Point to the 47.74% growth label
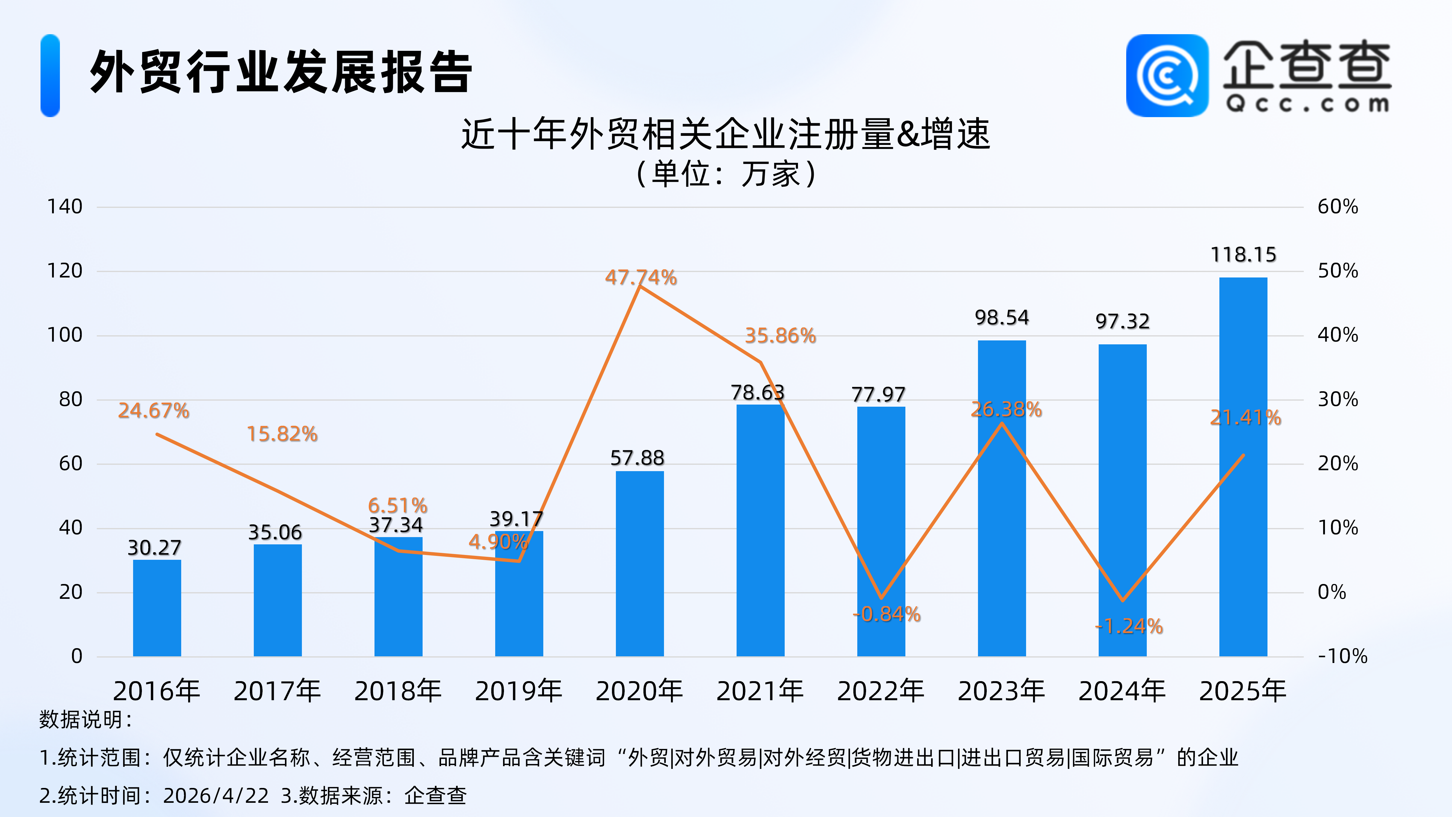pos(641,277)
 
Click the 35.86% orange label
pos(780,336)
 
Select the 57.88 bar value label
pos(637,458)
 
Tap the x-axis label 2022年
pos(881,691)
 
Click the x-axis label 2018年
pos(398,691)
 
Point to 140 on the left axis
pos(65,207)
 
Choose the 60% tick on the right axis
pos(1338,207)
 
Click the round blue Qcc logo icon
pos(1167,76)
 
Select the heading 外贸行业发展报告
pos(281,72)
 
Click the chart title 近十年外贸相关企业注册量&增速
pos(725,134)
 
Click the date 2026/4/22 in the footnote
pos(216,796)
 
